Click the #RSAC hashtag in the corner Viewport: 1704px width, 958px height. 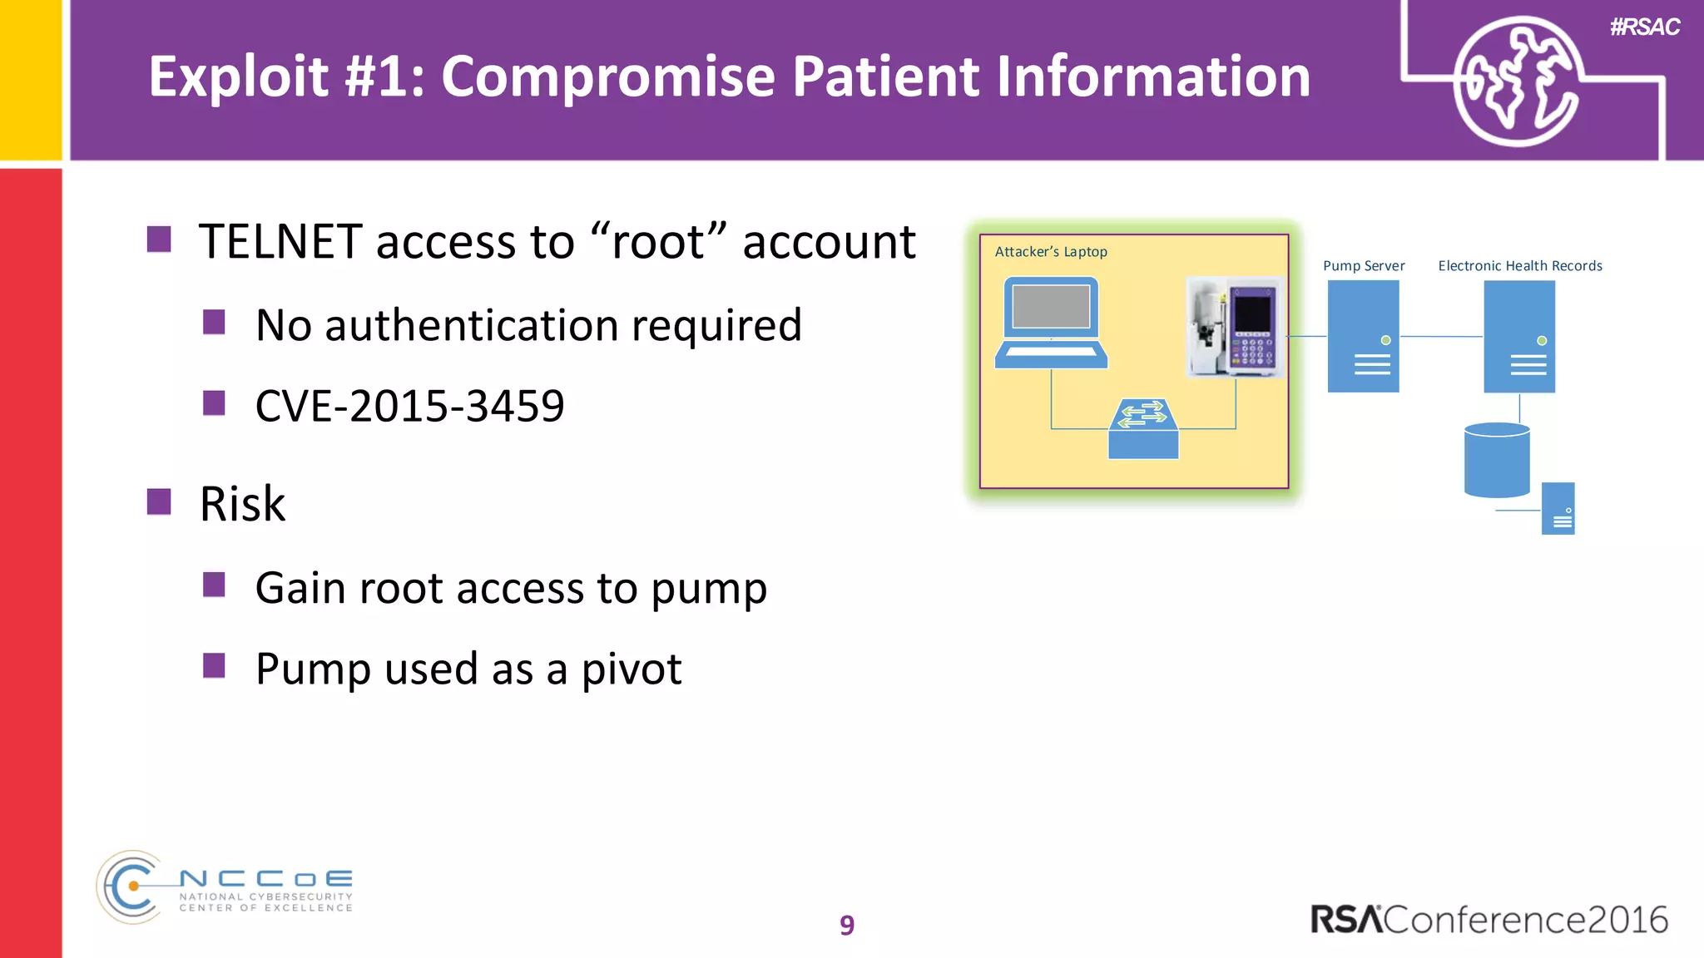click(1644, 27)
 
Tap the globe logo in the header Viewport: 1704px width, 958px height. click(1516, 81)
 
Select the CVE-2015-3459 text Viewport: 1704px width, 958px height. click(409, 406)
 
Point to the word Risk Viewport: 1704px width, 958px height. click(242, 504)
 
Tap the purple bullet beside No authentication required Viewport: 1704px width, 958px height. click(214, 322)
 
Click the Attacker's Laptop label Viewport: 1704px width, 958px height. click(1050, 252)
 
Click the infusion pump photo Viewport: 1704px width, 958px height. click(1235, 327)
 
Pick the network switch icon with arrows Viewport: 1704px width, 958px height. click(1143, 428)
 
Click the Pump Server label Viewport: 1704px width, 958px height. click(1363, 266)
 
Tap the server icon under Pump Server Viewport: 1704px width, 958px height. click(1363, 336)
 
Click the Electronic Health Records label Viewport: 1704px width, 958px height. click(1519, 266)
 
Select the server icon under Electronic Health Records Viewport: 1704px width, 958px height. click(1519, 336)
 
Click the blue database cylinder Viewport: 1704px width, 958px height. click(1496, 460)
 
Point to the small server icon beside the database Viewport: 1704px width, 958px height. click(1558, 508)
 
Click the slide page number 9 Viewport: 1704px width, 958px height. click(846, 925)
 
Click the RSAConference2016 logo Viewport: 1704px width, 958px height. click(1489, 920)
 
